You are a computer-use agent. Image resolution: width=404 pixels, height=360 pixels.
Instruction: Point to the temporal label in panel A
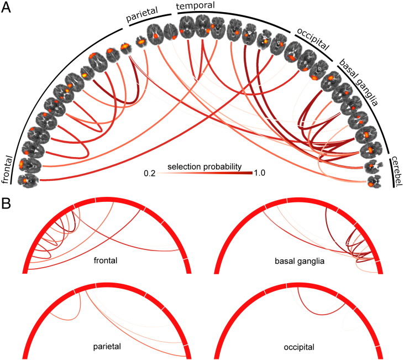(196, 7)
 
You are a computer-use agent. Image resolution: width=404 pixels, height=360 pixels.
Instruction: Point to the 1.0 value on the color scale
(259, 173)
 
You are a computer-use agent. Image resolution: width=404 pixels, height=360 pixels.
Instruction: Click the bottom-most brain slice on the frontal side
(25, 180)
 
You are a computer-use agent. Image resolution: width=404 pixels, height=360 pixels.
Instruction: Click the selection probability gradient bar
(202, 174)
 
